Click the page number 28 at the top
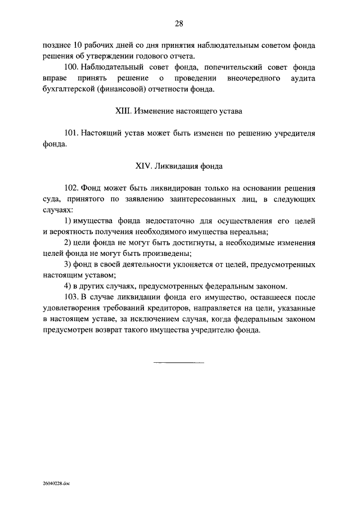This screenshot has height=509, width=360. click(x=179, y=23)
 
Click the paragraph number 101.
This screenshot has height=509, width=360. click(x=71, y=133)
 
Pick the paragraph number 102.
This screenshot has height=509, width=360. click(x=71, y=188)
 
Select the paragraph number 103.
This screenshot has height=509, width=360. click(x=71, y=297)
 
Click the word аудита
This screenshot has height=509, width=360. click(x=301, y=78)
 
